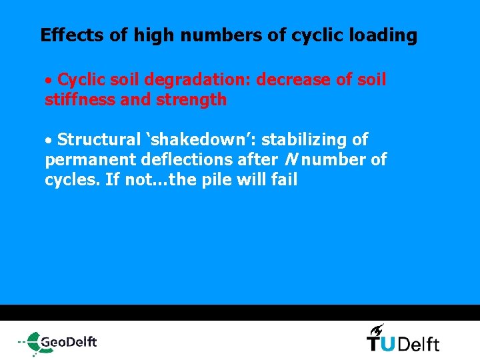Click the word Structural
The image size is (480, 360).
[97, 140]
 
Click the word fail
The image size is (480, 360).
[283, 180]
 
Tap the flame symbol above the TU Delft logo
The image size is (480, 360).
[377, 329]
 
